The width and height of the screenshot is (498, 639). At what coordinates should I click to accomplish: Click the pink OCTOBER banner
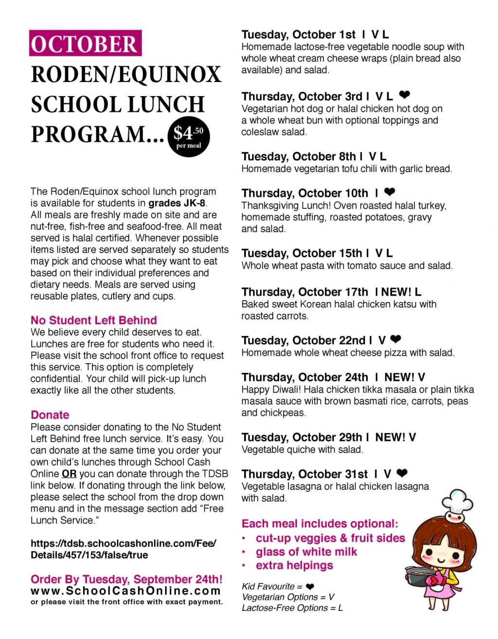85,44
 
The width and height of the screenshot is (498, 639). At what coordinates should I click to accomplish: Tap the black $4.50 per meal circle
189,136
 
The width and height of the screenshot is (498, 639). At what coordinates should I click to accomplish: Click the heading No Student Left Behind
93,320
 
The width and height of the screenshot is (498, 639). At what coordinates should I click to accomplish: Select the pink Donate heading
50,415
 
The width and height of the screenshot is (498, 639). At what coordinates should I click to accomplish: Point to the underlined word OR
69,474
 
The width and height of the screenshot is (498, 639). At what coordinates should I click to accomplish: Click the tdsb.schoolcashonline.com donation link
123,549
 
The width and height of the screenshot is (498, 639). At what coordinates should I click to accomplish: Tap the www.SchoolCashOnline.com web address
125,591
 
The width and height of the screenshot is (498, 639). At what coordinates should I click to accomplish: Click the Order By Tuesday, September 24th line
126,579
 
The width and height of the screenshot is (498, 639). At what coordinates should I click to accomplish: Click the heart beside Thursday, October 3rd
404,95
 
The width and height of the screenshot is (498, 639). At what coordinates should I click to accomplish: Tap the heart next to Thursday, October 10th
390,192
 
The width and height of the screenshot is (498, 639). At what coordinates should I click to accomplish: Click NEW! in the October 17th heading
397,292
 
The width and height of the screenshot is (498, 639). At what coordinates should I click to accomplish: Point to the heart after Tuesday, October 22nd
396,339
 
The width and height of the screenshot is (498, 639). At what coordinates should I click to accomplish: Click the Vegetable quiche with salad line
302,450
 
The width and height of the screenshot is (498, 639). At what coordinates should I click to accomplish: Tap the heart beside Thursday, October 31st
402,473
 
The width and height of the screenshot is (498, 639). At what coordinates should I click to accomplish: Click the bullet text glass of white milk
306,552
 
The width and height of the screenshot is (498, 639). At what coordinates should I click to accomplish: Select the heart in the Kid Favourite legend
310,587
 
